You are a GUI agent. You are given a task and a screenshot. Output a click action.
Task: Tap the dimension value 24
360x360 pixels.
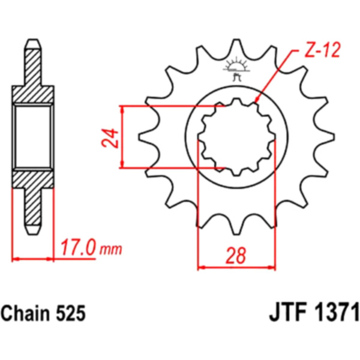[x=110, y=138]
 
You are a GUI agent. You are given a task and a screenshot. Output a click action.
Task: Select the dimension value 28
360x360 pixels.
[x=236, y=256]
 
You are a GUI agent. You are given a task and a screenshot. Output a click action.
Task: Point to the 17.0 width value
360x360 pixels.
[x=77, y=247]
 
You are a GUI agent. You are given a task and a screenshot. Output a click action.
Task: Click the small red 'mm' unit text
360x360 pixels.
[x=110, y=250]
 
